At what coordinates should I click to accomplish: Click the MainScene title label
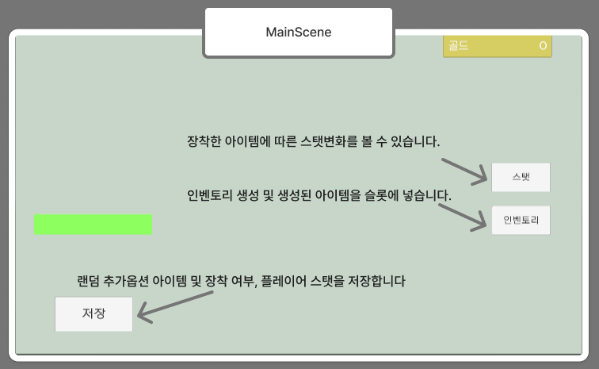(298, 33)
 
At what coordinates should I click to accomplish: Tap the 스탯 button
(521, 177)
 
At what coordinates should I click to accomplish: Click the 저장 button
(93, 313)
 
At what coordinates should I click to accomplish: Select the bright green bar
(93, 225)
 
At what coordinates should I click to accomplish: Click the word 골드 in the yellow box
(459, 46)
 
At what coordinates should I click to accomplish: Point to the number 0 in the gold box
(543, 46)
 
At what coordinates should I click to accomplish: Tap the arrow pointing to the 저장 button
(176, 306)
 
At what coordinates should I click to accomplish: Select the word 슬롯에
(382, 195)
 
